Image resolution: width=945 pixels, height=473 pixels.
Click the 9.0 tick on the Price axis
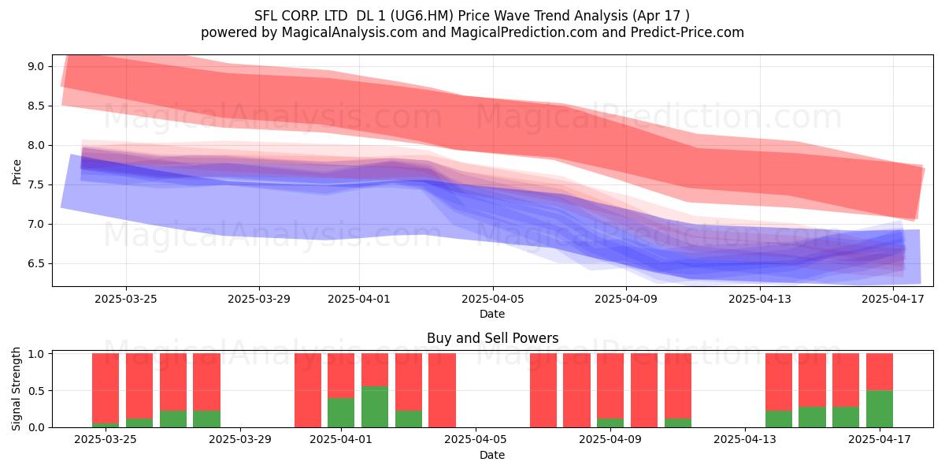(x=35, y=66)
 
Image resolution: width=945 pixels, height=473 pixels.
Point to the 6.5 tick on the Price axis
(x=35, y=263)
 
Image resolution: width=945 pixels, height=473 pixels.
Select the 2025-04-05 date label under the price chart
(x=493, y=299)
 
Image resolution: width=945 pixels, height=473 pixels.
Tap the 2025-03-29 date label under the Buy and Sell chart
(x=240, y=439)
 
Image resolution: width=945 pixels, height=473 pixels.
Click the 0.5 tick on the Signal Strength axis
(x=35, y=391)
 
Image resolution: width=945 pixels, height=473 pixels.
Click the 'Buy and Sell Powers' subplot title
(x=493, y=338)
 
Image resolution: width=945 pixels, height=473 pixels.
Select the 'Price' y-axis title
(x=17, y=172)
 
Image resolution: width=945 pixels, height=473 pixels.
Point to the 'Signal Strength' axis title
(x=16, y=389)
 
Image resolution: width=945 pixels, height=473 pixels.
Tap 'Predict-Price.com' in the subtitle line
(x=687, y=32)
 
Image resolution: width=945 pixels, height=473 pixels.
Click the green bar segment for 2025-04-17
(x=880, y=409)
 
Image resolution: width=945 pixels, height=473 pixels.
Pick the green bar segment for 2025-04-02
(x=375, y=407)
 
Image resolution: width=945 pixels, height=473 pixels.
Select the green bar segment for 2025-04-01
(x=341, y=412)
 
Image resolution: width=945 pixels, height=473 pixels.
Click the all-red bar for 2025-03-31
(x=308, y=390)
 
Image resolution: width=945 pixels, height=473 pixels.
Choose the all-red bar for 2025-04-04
(x=442, y=390)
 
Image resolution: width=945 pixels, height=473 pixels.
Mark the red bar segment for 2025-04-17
(x=880, y=372)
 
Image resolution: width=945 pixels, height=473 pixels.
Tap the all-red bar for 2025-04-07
(x=543, y=390)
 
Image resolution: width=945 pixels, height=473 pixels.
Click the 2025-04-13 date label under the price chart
(x=760, y=299)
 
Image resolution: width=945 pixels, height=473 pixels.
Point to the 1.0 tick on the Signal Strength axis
(x=35, y=354)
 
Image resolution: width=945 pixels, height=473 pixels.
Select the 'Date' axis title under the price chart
(x=492, y=314)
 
